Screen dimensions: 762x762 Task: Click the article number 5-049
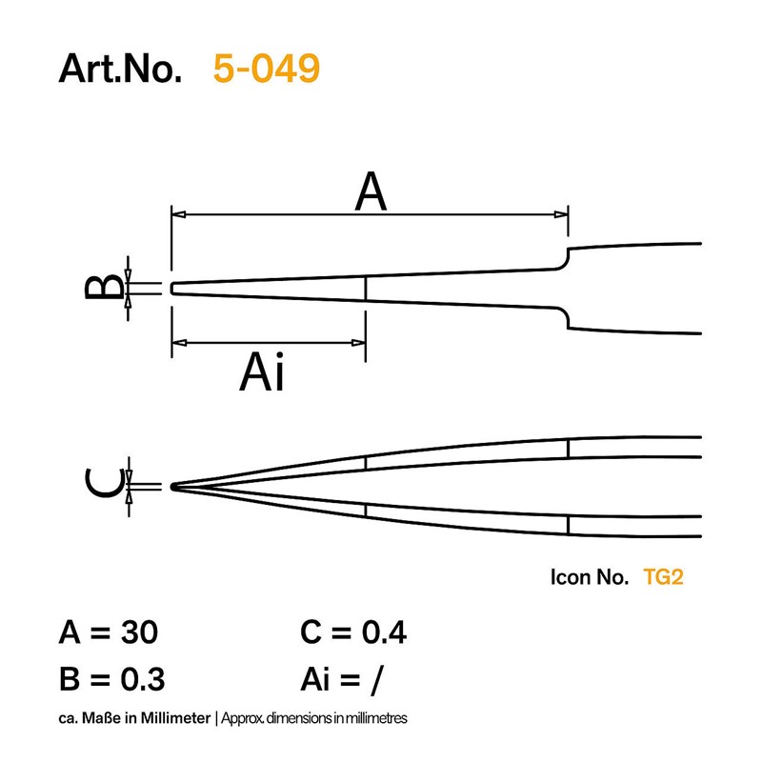coord(267,68)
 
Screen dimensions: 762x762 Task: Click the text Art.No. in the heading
coord(120,69)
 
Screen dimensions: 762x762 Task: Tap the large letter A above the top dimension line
coord(371,191)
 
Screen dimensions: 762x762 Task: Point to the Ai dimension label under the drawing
coord(261,371)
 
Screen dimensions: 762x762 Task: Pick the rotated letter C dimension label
coord(104,484)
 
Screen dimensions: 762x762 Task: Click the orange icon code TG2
coord(663,577)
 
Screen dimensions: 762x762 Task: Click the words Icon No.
coord(589,577)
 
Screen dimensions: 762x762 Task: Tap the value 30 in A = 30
coord(139,632)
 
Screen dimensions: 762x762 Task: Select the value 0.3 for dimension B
coord(142,679)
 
